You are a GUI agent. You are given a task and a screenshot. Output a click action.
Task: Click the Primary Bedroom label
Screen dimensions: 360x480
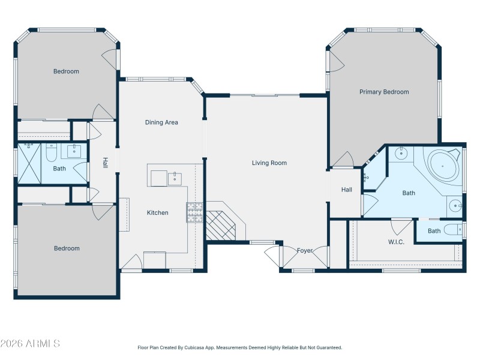click(384, 92)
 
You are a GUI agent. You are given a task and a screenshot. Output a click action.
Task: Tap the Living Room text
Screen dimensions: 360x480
click(269, 163)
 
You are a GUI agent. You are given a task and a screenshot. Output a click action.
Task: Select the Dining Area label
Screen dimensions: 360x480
click(161, 122)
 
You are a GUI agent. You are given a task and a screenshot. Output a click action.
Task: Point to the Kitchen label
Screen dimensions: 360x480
click(158, 212)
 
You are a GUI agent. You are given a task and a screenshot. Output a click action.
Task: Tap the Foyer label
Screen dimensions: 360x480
click(305, 250)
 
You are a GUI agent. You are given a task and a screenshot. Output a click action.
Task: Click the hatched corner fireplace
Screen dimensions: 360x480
click(223, 224)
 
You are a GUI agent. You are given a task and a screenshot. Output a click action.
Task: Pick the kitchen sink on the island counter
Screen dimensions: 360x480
click(175, 178)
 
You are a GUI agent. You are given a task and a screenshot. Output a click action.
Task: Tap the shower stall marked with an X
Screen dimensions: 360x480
click(30, 164)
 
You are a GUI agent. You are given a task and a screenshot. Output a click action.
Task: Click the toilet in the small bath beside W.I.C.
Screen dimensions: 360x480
click(455, 230)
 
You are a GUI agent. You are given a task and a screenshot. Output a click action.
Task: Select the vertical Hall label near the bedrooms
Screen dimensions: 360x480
click(105, 163)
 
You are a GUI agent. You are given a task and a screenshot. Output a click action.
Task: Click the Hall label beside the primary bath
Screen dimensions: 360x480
click(347, 190)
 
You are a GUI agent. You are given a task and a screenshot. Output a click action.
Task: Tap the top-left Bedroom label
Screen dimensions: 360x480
click(66, 71)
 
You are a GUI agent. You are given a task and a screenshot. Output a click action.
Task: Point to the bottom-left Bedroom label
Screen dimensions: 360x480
click(66, 248)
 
